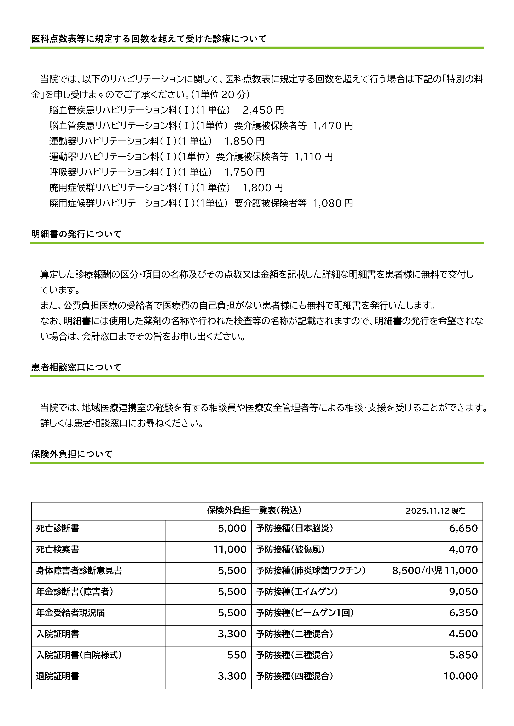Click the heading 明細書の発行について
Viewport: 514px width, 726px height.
pyautogui.click(x=76, y=234)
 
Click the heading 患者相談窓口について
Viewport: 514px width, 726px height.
pyautogui.click(x=76, y=367)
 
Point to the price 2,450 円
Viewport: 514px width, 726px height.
pyautogui.click(x=263, y=110)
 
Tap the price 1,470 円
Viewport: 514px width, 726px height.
pyautogui.click(x=333, y=126)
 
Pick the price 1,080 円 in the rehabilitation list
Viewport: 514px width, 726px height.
pyautogui.click(x=333, y=203)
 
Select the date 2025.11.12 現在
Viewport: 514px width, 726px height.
pyautogui.click(x=435, y=511)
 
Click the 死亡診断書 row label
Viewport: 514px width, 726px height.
pyautogui.click(x=58, y=528)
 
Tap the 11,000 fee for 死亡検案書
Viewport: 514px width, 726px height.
pyautogui.click(x=230, y=549)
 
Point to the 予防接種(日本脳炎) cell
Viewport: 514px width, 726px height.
pyautogui.click(x=295, y=528)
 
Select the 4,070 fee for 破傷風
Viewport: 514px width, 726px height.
pyautogui.click(x=463, y=549)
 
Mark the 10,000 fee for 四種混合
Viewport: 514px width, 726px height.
pyautogui.click(x=461, y=676)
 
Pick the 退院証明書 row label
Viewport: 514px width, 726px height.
pyautogui.click(x=58, y=676)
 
